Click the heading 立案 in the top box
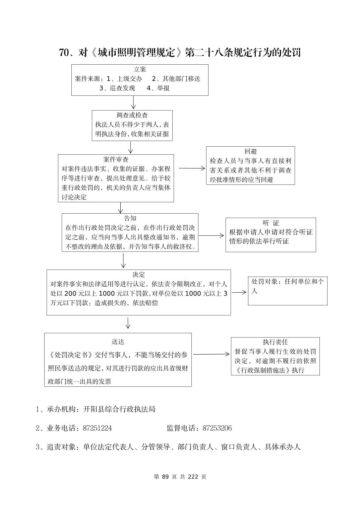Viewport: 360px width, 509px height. (140, 70)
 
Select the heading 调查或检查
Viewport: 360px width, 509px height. (132, 115)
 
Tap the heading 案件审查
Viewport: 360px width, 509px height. (116, 159)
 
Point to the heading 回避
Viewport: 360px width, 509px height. (250, 151)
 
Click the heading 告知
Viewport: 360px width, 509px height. (130, 218)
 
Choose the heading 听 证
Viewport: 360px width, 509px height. (271, 223)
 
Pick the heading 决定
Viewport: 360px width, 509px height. (138, 275)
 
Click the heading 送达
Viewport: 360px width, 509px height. (118, 342)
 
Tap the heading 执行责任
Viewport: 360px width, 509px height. (275, 342)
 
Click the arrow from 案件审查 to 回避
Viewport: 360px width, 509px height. (192, 168)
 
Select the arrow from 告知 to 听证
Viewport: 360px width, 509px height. (211, 235)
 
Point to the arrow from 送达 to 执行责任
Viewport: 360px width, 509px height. (211, 354)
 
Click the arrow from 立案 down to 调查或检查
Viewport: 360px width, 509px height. (133, 102)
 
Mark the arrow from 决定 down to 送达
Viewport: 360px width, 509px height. (128, 323)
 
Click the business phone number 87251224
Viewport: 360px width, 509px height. (97, 428)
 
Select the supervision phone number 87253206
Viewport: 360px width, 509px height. (217, 428)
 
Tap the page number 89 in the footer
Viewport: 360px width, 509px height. (165, 477)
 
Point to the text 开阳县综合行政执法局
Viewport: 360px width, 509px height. (119, 409)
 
